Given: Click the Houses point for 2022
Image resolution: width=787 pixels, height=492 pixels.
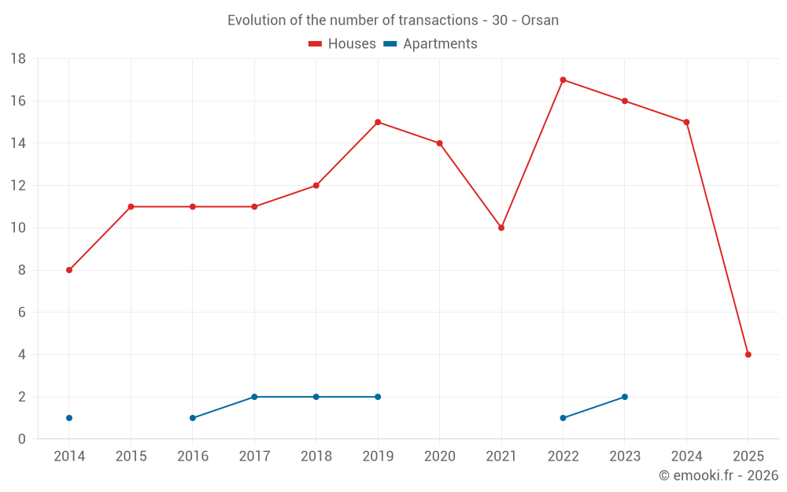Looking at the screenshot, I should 563,80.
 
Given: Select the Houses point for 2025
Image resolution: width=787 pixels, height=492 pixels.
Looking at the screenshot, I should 748,354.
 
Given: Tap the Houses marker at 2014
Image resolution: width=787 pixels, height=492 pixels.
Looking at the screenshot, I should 69,270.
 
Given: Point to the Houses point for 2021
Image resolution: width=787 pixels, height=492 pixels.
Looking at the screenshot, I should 501,228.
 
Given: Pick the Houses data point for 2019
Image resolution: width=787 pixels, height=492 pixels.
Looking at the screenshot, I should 378,122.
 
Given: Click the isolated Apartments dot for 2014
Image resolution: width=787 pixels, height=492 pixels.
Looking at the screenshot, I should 69,418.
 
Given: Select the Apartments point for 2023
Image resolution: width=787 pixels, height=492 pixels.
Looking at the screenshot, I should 625,397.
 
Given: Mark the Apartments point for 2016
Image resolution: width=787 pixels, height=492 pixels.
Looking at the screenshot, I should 193,418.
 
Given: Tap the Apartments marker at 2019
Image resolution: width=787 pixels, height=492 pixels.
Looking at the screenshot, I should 378,397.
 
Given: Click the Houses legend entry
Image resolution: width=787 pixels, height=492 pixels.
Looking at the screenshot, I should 342,44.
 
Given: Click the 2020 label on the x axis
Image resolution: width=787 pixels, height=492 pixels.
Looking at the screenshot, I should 439,457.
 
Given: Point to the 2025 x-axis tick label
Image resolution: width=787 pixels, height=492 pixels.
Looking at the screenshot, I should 748,457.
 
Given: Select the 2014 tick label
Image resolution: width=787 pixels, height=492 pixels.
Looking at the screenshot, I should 69,457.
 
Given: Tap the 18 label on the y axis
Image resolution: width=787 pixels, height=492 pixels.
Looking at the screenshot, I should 18,59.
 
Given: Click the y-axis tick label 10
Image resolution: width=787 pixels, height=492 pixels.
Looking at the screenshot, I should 18,228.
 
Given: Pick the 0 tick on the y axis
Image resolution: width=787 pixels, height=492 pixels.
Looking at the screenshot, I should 22,439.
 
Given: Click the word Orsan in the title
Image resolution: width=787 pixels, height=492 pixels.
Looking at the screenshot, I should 540,20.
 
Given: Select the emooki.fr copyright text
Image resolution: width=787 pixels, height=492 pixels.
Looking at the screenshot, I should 719,475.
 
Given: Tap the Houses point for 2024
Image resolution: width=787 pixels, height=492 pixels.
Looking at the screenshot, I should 686,122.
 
